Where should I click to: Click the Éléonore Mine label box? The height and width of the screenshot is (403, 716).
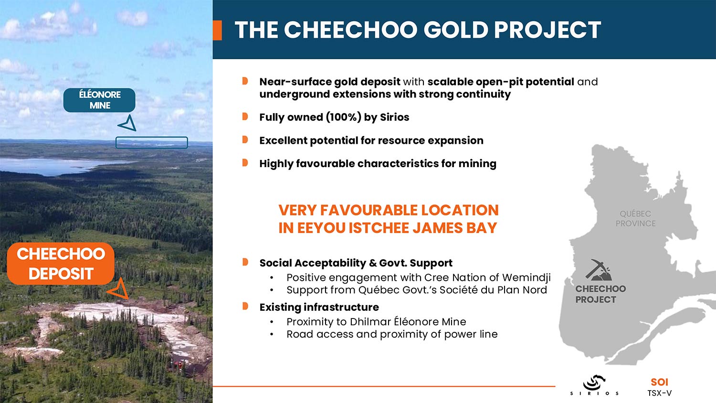point(99,100)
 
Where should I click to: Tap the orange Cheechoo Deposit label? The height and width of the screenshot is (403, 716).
point(61,264)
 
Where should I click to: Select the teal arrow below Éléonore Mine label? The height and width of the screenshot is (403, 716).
point(128,124)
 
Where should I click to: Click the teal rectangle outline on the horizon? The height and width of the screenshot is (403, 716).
point(151,142)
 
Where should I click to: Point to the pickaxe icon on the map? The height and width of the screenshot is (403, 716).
point(598,270)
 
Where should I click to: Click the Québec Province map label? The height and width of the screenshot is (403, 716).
point(635,219)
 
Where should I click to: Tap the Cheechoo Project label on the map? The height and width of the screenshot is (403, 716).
point(600,294)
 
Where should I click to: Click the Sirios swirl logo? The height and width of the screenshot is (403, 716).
point(595,382)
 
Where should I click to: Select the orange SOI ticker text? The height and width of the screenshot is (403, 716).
point(659,382)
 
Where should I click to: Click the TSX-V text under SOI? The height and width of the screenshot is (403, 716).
point(659,393)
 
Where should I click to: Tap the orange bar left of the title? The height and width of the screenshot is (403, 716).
point(217,30)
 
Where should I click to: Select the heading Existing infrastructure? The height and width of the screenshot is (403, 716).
point(319,308)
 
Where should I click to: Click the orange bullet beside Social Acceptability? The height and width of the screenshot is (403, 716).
point(245,262)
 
